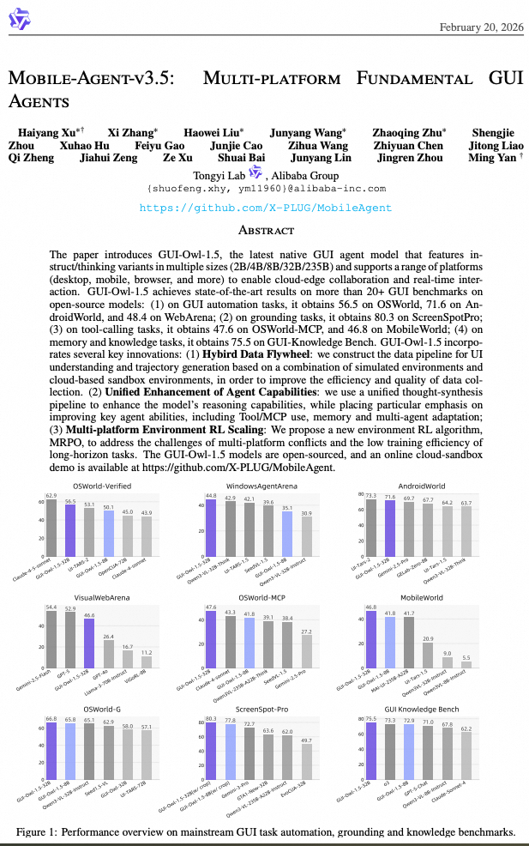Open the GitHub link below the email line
(x=264, y=208)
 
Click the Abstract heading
(x=265, y=231)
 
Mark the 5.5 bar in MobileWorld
(x=466, y=664)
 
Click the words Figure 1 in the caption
(x=36, y=831)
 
